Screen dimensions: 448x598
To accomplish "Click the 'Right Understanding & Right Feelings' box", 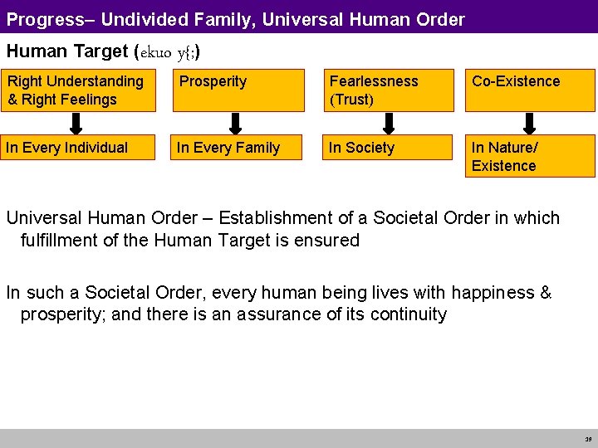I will (78, 90).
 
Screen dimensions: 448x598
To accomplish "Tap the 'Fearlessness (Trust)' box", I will (388, 90).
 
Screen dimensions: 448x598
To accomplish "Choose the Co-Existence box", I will (530, 90).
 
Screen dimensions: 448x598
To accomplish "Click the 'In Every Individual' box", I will (78, 148).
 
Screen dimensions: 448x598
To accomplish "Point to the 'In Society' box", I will (388, 148).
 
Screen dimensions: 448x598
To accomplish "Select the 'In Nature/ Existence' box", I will (530, 157).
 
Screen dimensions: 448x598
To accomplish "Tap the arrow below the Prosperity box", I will (235, 123).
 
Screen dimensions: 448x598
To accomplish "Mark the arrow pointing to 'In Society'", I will (387, 123).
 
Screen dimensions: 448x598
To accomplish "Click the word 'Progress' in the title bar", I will (39, 18).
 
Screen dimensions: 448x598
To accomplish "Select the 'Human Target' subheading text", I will (66, 51).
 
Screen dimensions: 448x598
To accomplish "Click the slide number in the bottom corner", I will (587, 439).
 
